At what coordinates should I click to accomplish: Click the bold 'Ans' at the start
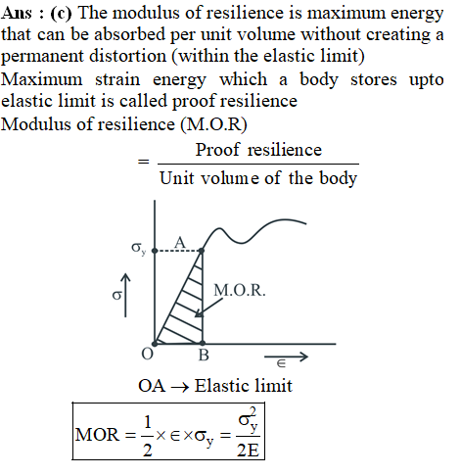pos(17,14)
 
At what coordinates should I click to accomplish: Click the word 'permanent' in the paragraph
pos(42,57)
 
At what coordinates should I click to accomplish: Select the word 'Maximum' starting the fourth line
pos(41,79)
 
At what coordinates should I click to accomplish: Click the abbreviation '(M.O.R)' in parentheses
pos(214,124)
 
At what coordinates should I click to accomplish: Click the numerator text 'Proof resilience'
pos(258,151)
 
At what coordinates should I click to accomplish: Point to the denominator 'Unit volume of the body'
pos(258,178)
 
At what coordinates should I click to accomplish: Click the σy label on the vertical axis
pos(138,248)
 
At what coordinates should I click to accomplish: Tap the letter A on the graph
pos(180,242)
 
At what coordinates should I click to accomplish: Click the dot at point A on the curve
pos(202,251)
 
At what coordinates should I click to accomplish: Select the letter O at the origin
pos(147,354)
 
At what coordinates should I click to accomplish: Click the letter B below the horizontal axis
pos(204,355)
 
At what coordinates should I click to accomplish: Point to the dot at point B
pos(203,343)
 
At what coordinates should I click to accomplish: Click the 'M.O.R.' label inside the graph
pos(240,290)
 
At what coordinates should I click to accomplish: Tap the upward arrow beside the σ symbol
pos(125,295)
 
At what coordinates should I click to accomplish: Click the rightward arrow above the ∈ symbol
pos(286,356)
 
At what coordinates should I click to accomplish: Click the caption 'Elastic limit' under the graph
pos(244,386)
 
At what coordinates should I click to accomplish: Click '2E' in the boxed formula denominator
pos(248,451)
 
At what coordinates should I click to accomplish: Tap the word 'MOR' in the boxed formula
pos(97,435)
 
